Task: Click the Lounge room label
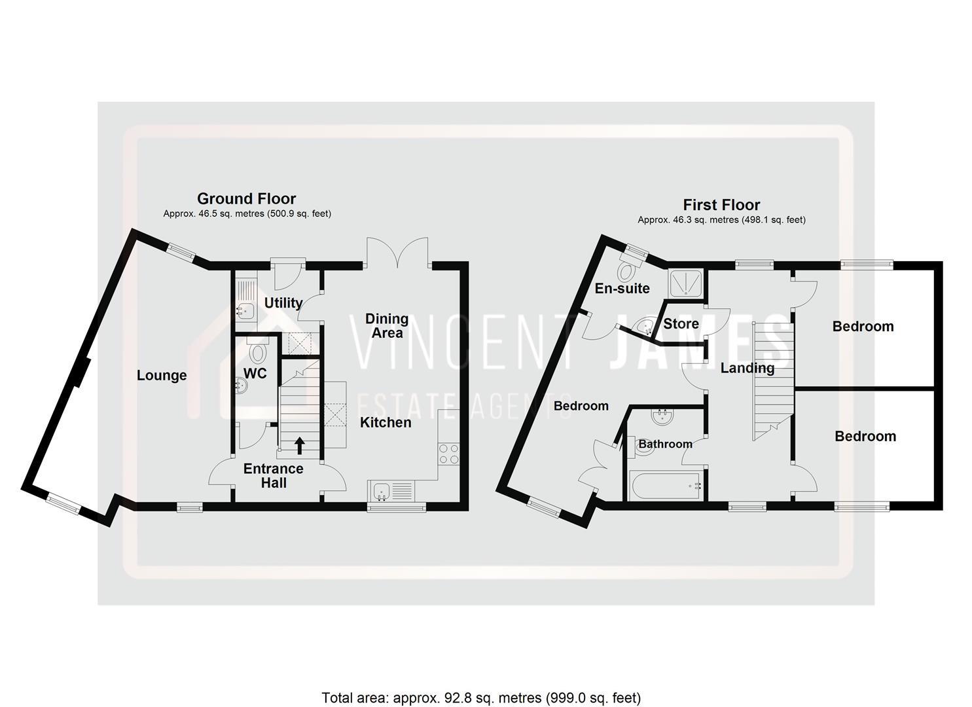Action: tap(162, 375)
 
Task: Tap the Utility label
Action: tap(283, 302)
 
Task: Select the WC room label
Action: tap(255, 373)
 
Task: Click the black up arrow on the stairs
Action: tap(300, 446)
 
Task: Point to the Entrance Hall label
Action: tap(274, 476)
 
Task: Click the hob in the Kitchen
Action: tap(448, 454)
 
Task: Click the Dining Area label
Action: tap(387, 325)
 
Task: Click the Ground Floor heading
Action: tap(247, 198)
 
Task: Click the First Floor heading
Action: tap(721, 205)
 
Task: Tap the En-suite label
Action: tap(622, 288)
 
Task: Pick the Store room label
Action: tap(681, 323)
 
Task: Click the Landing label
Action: tap(747, 368)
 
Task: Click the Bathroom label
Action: tap(665, 444)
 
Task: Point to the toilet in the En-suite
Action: tap(630, 268)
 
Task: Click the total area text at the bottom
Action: tap(481, 697)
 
